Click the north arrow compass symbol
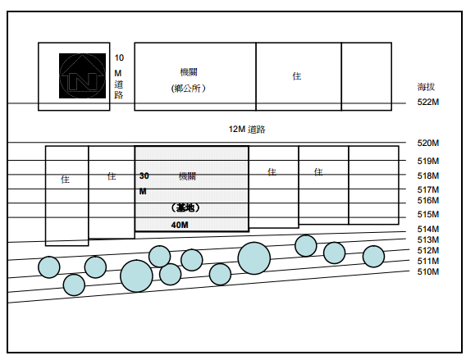coord(82,75)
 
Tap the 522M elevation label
coord(428,102)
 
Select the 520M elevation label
coord(428,143)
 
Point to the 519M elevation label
coord(428,161)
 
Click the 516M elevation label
coord(428,200)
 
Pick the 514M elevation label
coord(428,229)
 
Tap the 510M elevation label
coord(428,271)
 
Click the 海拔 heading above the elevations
coord(426,87)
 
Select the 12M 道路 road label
coord(247,130)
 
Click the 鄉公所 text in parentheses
coord(189,89)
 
